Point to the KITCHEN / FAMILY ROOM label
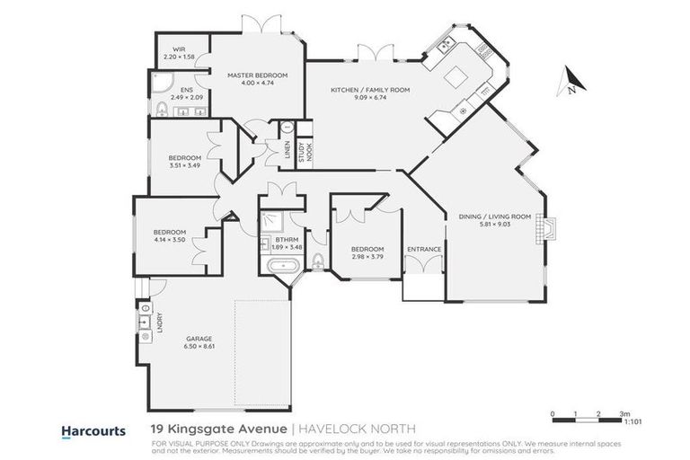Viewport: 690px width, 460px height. (x=369, y=91)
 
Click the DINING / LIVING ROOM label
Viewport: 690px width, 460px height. (x=495, y=217)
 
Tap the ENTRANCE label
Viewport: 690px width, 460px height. (x=423, y=249)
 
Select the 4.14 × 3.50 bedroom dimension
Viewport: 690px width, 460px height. (x=169, y=240)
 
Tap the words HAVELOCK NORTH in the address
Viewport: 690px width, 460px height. (x=343, y=430)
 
